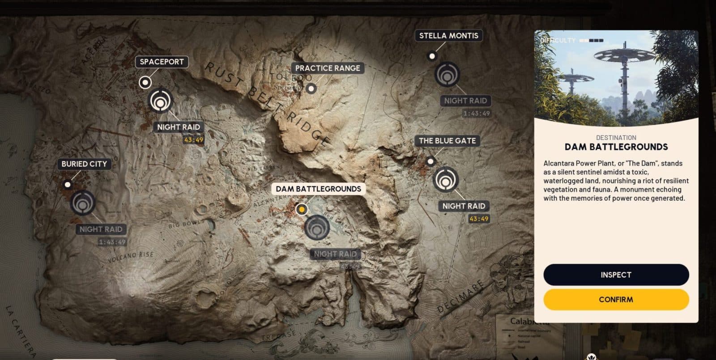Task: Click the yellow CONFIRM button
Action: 616,300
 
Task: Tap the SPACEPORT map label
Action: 162,62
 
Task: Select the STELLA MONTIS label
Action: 448,36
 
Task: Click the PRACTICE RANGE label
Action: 327,68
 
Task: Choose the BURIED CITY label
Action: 84,164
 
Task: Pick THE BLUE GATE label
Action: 447,140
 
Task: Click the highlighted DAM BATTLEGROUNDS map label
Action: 318,189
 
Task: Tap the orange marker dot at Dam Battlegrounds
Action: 302,209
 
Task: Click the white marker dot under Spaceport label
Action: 145,82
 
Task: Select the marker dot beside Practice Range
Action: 311,88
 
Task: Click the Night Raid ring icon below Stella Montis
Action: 447,74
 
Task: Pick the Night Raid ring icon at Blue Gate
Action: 446,180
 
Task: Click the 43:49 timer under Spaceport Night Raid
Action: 193,140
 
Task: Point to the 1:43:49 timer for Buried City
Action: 112,242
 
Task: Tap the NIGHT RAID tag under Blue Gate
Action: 464,206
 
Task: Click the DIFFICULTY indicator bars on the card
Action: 591,40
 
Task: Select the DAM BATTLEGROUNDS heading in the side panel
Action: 616,147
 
